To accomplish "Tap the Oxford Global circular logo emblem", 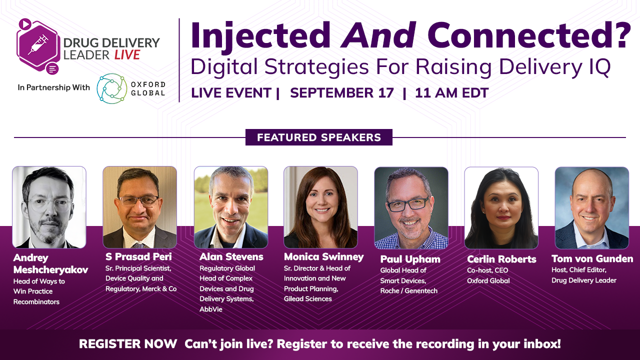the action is (x=111, y=88).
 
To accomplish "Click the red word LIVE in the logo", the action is (x=127, y=55).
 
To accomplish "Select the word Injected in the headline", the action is (x=260, y=35).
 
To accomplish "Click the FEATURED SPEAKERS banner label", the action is (x=319, y=137).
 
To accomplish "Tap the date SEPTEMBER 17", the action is (x=342, y=93).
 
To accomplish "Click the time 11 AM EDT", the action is (x=451, y=93).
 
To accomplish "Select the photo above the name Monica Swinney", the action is (x=320, y=207).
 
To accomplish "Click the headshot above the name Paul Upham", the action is (x=411, y=207).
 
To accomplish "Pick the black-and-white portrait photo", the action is (x=49, y=207).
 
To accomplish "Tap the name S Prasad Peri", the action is (x=138, y=256).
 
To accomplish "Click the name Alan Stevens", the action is (x=231, y=256).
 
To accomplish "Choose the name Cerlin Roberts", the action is (x=501, y=259).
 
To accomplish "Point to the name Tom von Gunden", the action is (x=592, y=258).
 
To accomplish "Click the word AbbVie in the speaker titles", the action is (x=211, y=309).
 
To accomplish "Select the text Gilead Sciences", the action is (x=307, y=299).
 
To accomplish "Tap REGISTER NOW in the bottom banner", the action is (x=128, y=343).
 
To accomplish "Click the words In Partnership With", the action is (x=53, y=87).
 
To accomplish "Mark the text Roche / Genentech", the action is (x=409, y=291).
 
